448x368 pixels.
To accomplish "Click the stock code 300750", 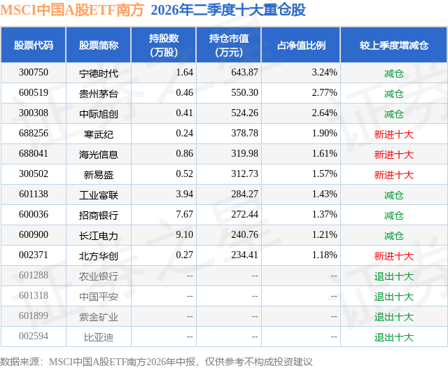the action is pos(34,73).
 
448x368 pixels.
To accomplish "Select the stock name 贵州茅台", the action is pos(99,94).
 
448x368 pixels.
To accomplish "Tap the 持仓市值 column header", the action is pos(229,45).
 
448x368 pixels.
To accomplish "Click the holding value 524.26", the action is pos(244,113).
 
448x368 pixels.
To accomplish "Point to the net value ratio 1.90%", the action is pos(325,134).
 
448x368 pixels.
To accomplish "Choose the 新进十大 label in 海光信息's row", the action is pos(393,155).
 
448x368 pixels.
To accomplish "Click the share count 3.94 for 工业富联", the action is pos(185,194).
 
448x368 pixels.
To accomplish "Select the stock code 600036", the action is pos(34,214).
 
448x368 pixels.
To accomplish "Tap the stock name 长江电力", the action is pos(99,236).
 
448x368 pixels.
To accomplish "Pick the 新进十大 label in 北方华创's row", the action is pos(393,256).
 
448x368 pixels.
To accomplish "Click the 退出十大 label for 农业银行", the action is pos(393,276).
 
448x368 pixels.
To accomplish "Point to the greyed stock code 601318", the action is pos(34,295).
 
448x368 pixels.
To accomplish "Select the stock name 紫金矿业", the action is pos(99,317).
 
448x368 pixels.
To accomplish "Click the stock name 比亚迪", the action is pos(99,337).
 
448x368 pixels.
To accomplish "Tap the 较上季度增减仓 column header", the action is pos(394,45).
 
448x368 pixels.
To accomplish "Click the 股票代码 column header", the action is pos(34,45).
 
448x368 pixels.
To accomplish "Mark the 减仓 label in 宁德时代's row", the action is pos(393,73).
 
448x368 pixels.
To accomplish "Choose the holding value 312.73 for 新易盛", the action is pos(244,174).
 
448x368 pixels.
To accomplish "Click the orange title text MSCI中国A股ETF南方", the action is pos(72,10).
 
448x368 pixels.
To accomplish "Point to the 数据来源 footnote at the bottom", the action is pos(156,362).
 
